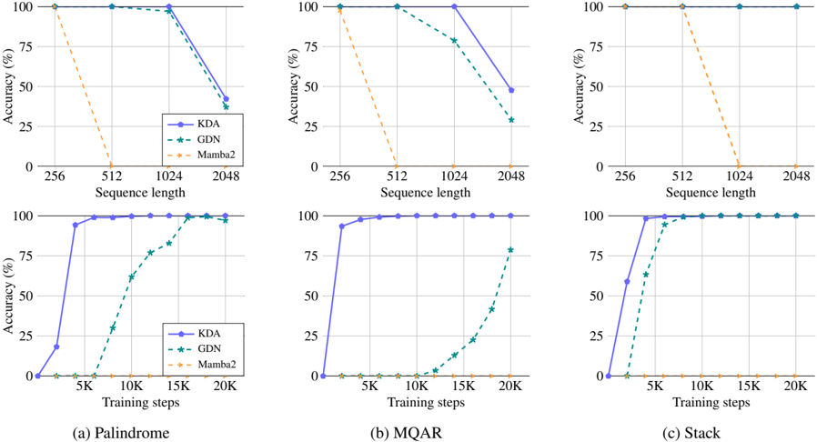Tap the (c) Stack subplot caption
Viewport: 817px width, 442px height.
click(701, 433)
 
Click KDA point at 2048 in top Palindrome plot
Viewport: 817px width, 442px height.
click(226, 98)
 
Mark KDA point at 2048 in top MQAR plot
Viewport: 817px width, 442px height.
click(511, 90)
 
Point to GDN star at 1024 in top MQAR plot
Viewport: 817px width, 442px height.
click(454, 41)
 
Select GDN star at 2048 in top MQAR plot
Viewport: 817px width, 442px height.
click(511, 120)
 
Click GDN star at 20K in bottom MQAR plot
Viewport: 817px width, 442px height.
click(510, 250)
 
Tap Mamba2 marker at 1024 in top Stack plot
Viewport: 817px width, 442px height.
click(739, 166)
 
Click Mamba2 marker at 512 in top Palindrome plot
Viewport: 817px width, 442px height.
click(111, 166)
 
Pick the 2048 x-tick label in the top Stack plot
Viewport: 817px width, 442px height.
click(796, 178)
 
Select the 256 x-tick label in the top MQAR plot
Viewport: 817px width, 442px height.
click(339, 178)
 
